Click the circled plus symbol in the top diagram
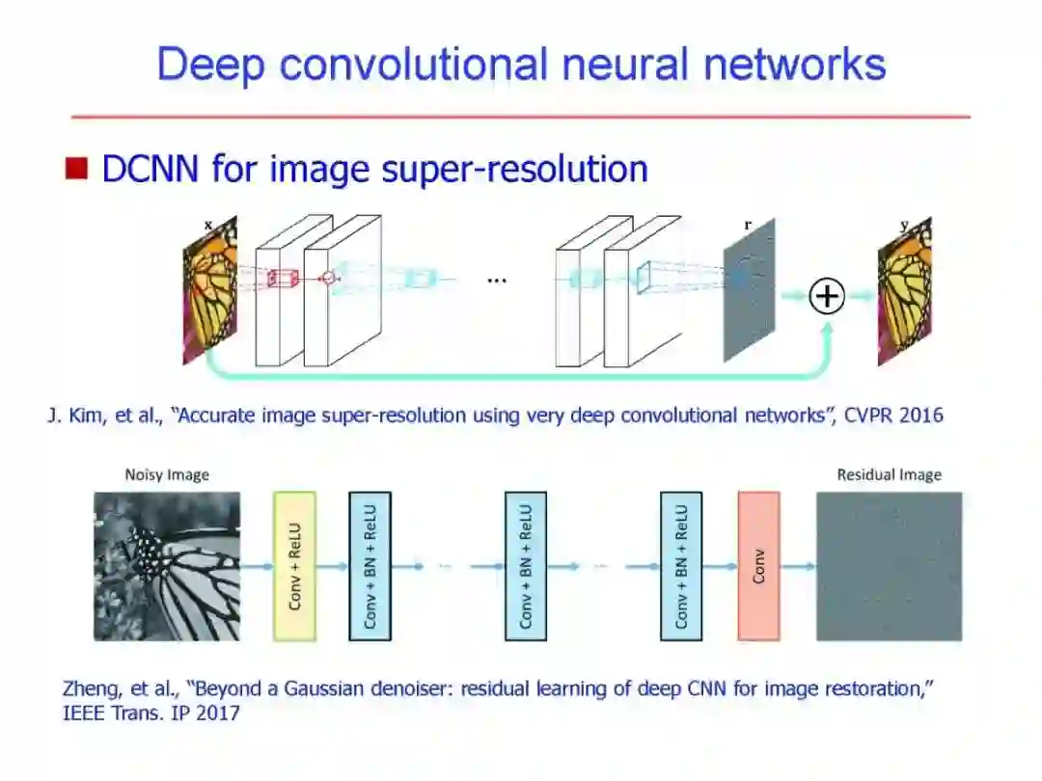tap(826, 296)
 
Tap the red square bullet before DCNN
tap(76, 170)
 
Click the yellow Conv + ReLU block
tap(294, 566)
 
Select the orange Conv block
tap(758, 566)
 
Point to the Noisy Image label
tap(167, 474)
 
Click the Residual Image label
tap(889, 474)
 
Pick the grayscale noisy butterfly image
tap(166, 566)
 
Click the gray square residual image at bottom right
tap(889, 566)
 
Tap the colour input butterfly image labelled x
tap(211, 289)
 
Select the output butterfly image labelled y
tap(904, 292)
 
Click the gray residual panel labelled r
tap(749, 289)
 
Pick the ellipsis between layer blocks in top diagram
tap(497, 281)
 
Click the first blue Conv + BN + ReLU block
tap(370, 566)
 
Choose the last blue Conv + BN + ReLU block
tap(681, 566)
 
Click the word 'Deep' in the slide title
tap(210, 65)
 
